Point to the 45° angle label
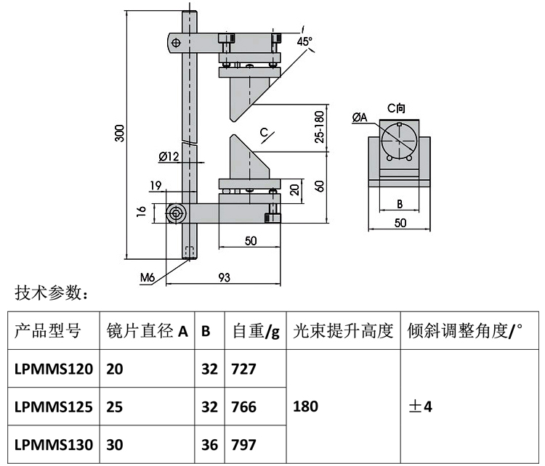[x=305, y=41]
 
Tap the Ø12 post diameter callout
[x=168, y=156]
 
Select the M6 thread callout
[x=148, y=276]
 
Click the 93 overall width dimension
[x=224, y=276]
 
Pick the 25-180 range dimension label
[x=319, y=128]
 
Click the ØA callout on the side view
[x=360, y=117]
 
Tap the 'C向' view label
[x=396, y=107]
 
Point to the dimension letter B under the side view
[x=399, y=204]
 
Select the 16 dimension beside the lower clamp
[x=142, y=212]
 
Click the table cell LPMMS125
[x=53, y=406]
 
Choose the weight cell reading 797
[x=243, y=444]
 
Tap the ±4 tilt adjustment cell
[x=421, y=406]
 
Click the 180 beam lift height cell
[x=304, y=406]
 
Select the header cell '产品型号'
[x=48, y=332]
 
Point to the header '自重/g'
[x=255, y=332]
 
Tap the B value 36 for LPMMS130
[x=209, y=444]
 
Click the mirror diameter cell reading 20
[x=115, y=369]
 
